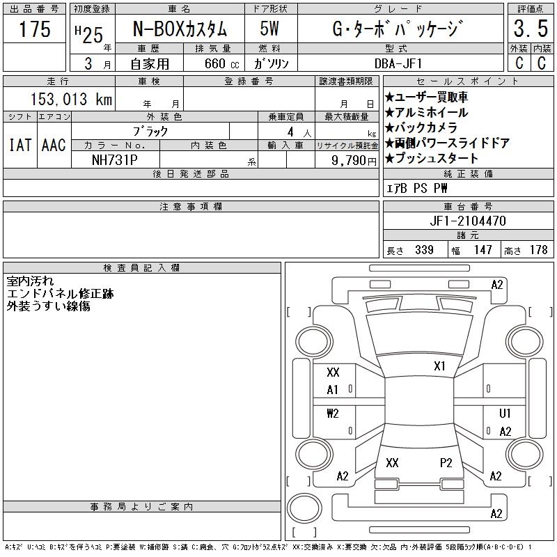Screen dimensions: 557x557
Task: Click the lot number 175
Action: tap(35, 29)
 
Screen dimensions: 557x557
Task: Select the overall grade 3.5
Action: tap(531, 29)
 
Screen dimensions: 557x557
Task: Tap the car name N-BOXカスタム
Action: tap(180, 29)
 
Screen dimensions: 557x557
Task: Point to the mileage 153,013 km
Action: tap(71, 99)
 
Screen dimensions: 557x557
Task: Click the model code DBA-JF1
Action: tap(398, 63)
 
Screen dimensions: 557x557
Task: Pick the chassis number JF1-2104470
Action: tap(468, 221)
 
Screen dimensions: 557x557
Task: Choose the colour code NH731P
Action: tap(115, 160)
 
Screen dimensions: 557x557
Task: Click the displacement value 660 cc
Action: tap(221, 63)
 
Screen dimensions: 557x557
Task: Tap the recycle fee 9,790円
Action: tap(354, 160)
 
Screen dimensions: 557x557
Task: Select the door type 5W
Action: tap(269, 29)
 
